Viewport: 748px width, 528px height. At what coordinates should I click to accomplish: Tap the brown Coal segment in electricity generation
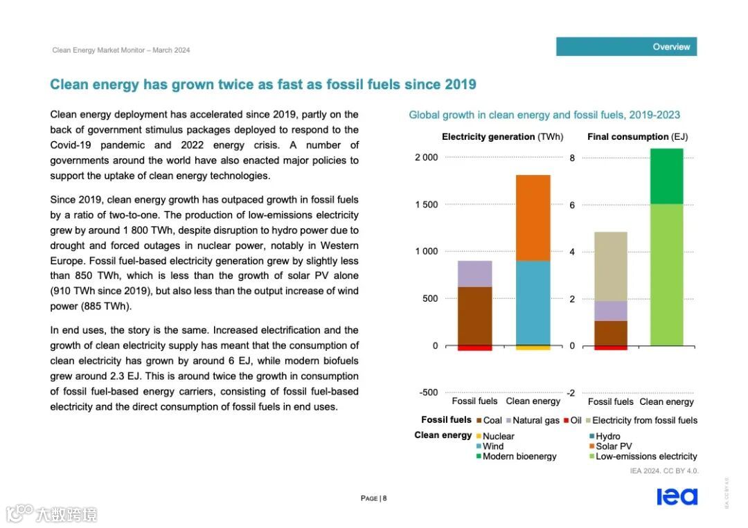point(474,316)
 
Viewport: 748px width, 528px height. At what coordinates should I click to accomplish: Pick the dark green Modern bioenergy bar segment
point(666,176)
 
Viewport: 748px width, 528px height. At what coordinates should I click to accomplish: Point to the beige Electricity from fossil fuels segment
point(610,266)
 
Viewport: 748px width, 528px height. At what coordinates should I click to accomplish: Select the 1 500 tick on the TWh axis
point(427,205)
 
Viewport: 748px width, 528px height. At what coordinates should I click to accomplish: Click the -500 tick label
point(429,392)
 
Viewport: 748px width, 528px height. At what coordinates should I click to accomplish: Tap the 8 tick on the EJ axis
point(572,158)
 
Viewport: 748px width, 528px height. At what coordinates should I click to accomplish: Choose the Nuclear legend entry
point(498,436)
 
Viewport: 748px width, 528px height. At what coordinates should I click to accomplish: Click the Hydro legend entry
point(607,436)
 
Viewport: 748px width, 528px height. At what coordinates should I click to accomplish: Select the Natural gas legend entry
point(535,420)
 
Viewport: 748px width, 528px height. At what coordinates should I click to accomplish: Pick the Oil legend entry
point(576,420)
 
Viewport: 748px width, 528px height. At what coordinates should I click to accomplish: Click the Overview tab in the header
point(670,47)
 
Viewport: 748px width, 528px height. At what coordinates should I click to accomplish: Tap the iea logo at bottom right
point(677,496)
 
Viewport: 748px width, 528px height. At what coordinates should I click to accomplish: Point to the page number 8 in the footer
point(384,498)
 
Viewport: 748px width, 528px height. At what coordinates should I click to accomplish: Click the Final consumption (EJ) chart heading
point(637,137)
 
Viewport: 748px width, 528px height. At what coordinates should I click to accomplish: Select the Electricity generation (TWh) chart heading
point(502,137)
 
